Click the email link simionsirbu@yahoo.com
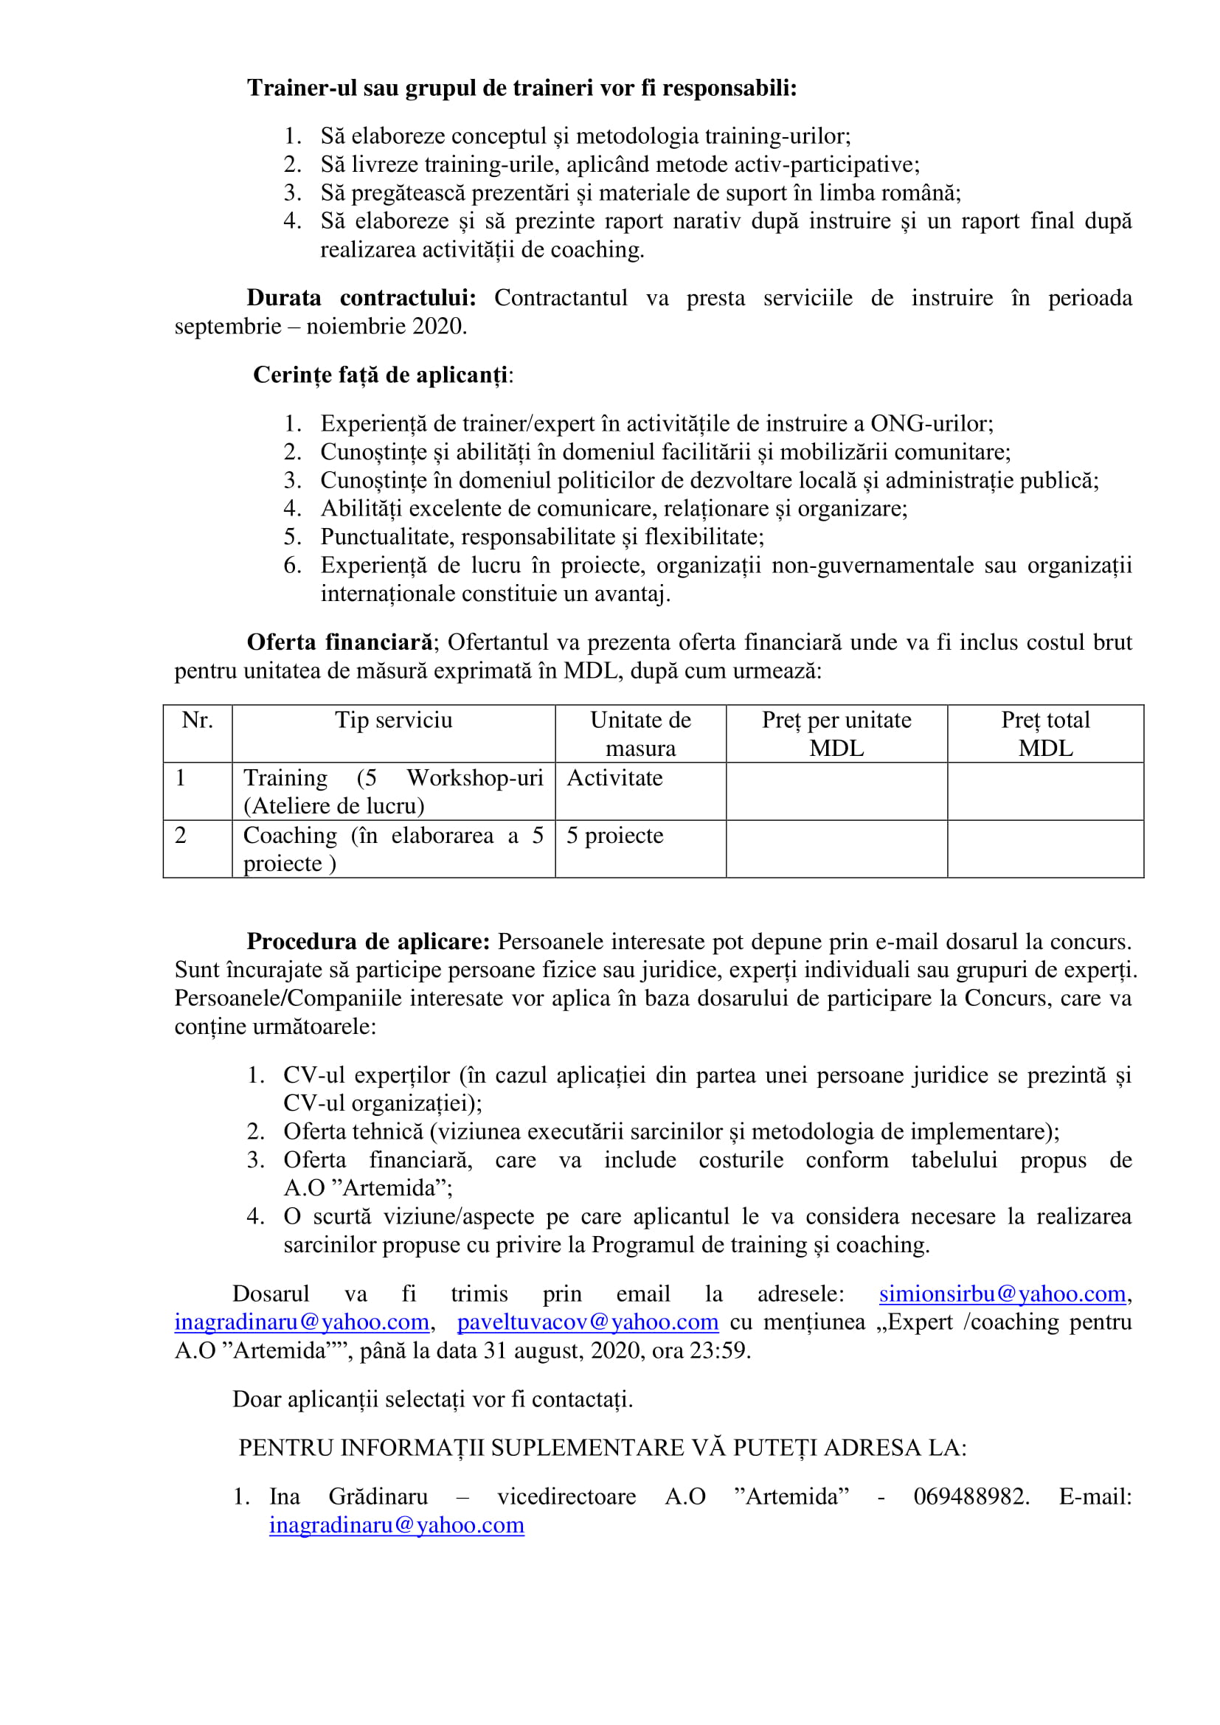(1002, 1294)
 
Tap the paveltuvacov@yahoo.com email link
(587, 1322)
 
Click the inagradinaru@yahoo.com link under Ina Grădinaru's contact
(397, 1525)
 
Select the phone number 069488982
(970, 1496)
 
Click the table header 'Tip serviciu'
(394, 720)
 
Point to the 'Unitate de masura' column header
(640, 733)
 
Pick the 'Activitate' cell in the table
(614, 777)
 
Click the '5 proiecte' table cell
(614, 836)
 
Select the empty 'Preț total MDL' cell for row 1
(1045, 791)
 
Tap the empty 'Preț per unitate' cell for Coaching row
(836, 849)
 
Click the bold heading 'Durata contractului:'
(361, 297)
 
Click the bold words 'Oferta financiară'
(339, 642)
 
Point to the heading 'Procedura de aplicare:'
(368, 941)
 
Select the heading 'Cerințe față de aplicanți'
(380, 375)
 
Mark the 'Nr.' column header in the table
(197, 720)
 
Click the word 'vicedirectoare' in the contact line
(566, 1496)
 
